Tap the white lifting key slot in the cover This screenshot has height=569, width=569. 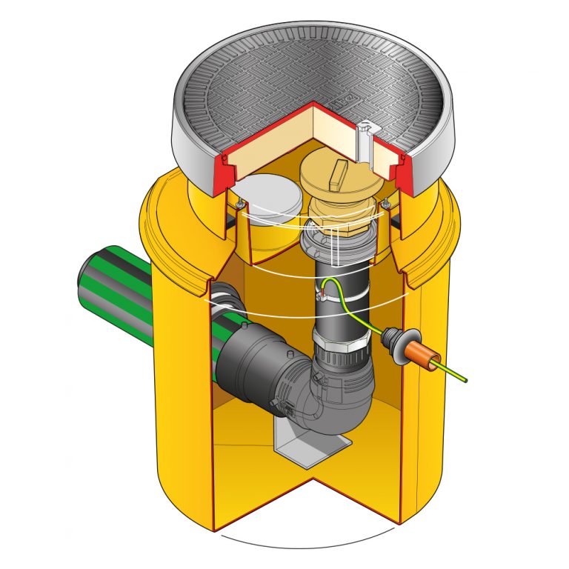tap(363, 141)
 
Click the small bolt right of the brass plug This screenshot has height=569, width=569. tap(386, 202)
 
